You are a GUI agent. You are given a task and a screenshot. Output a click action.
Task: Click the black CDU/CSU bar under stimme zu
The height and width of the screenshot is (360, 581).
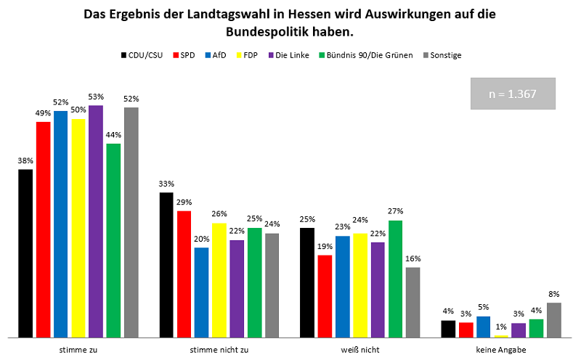[x=25, y=253]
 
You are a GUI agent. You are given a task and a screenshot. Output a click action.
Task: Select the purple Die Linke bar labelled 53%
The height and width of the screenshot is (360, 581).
[x=96, y=221]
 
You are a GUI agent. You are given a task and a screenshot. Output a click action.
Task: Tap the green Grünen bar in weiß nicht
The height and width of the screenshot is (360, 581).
[x=395, y=279]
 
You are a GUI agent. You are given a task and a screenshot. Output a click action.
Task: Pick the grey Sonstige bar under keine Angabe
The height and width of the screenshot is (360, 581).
[x=554, y=320]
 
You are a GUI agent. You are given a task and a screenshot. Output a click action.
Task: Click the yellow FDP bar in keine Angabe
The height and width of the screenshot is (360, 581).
[x=501, y=336]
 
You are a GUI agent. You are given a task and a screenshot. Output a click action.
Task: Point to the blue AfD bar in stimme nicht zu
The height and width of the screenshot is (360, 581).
[x=201, y=292]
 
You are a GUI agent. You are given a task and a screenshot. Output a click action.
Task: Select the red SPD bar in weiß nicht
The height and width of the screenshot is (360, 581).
[x=325, y=296]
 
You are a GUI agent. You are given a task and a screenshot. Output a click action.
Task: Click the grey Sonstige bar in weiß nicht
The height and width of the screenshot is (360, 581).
[x=413, y=302]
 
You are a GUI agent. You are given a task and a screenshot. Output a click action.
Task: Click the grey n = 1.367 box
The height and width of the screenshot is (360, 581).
[x=513, y=93]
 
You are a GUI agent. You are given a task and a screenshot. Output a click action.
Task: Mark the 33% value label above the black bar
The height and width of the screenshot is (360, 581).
[x=166, y=184]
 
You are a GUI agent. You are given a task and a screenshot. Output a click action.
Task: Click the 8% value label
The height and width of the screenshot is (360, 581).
[x=554, y=294]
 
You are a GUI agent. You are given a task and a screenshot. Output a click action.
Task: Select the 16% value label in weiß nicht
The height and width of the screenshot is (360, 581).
[x=413, y=258]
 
